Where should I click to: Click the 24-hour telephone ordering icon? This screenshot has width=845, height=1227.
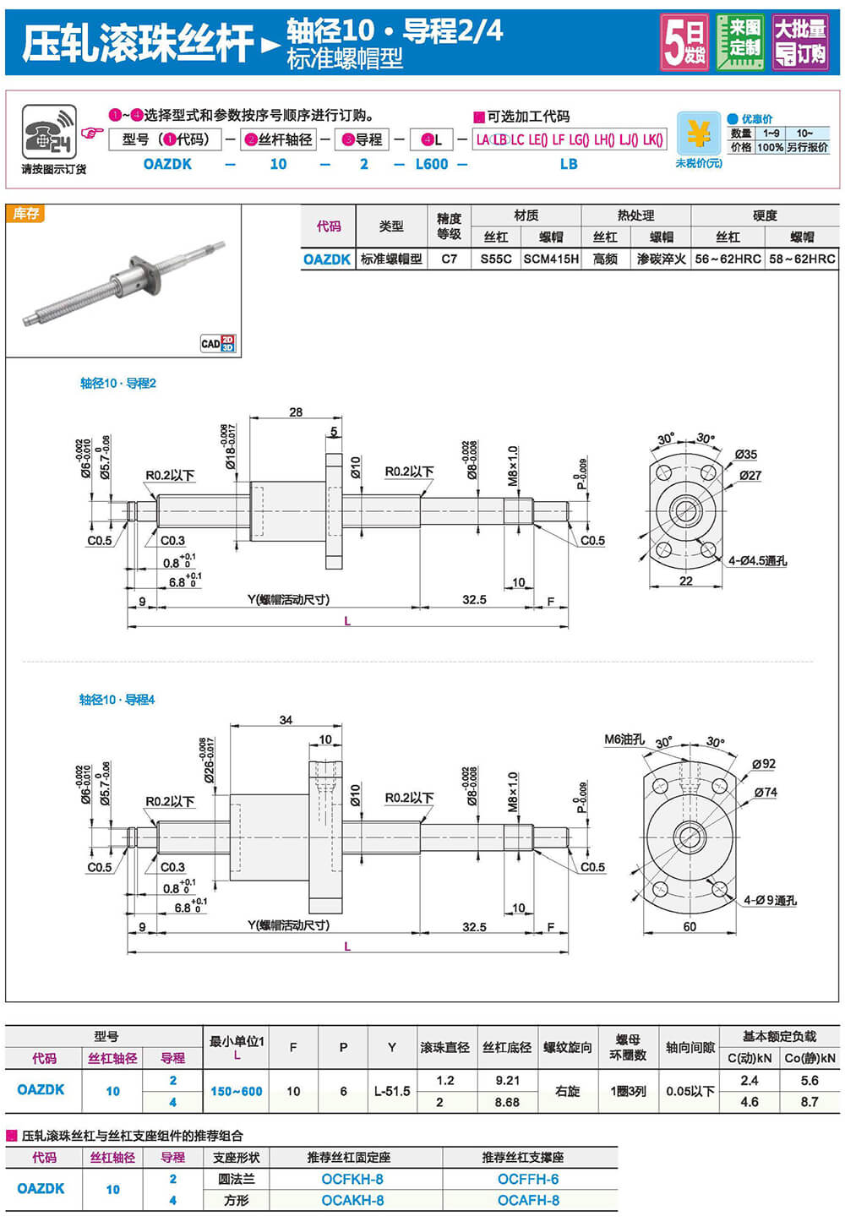coord(49,132)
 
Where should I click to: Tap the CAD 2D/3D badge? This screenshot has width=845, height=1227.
coord(218,343)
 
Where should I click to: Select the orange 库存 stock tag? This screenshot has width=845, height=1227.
coord(25,214)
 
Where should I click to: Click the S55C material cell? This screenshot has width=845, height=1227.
coord(496,259)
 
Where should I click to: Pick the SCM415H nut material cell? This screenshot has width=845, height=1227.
coord(551,259)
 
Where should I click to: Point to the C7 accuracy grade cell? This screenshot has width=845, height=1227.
coord(449,259)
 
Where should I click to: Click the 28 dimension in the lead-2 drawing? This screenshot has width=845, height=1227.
coord(296,412)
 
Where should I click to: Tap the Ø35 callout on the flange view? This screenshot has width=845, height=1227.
coord(745,455)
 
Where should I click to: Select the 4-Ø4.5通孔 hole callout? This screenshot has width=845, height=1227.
coord(757,560)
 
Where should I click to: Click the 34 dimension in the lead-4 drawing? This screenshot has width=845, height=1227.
coord(286,720)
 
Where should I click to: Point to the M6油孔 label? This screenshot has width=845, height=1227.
coord(624,739)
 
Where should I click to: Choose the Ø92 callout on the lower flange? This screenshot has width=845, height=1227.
coord(763,764)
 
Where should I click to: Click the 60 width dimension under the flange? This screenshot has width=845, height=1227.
coord(690,926)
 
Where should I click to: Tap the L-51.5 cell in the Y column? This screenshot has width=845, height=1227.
coord(392,1091)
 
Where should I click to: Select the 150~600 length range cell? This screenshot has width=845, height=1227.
coord(237,1091)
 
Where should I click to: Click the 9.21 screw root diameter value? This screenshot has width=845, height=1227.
coord(507,1080)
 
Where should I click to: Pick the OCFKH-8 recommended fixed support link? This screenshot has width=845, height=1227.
coord(352,1179)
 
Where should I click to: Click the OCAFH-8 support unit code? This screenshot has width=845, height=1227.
coord(528,1200)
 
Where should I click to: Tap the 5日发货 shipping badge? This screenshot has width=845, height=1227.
coord(684,42)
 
